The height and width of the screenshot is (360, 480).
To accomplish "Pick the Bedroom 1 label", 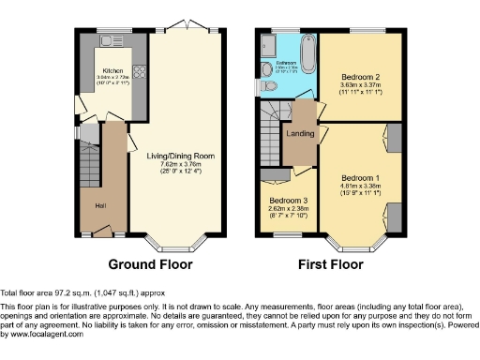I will pos(360,177).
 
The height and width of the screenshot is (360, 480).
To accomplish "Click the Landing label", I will pos(300,134).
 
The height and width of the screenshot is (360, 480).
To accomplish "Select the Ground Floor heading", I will pos(151,264).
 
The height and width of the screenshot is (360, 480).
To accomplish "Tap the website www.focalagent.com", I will pos(42,335).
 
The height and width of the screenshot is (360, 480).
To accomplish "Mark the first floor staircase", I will pos(272,131).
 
